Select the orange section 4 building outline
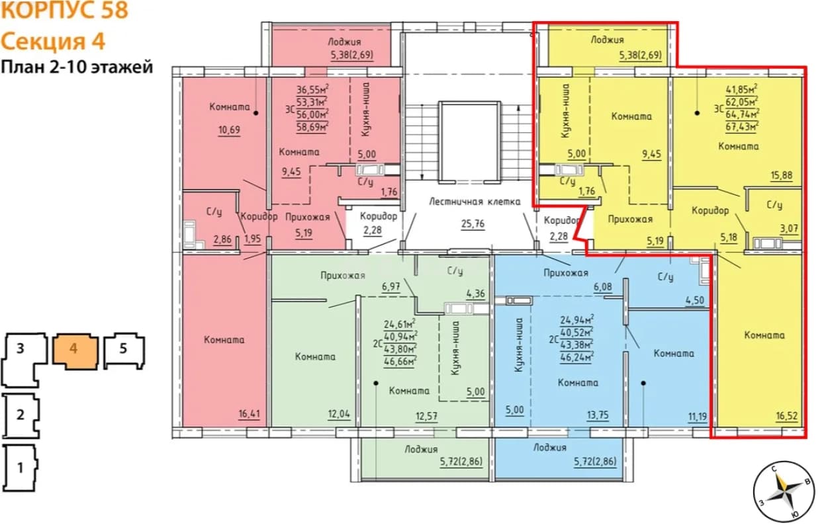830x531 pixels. click(x=75, y=351)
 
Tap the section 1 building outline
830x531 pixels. click(x=21, y=468)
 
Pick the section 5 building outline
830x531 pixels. click(x=124, y=350)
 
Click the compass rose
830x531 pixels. click(x=784, y=492)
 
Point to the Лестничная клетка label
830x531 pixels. click(x=475, y=202)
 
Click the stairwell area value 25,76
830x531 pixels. click(x=473, y=224)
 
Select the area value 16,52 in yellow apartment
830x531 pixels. click(x=787, y=416)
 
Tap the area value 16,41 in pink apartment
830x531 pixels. click(x=249, y=413)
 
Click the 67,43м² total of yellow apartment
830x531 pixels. click(x=742, y=127)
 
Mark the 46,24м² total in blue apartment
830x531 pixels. click(x=577, y=356)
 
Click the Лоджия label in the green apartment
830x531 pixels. click(x=421, y=450)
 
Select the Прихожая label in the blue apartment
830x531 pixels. click(x=566, y=273)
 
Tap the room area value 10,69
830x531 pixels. click(x=229, y=130)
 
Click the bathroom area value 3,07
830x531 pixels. click(x=789, y=229)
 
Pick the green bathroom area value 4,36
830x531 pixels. click(x=475, y=294)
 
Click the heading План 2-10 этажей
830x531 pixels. click(x=77, y=67)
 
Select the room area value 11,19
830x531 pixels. click(x=698, y=417)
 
